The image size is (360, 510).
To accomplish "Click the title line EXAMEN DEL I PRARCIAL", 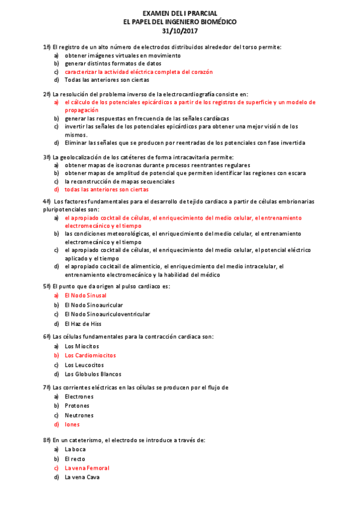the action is (x=180, y=13).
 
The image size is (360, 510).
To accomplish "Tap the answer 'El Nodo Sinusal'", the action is (x=85, y=296).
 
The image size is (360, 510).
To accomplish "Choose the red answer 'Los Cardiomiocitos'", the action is (x=90, y=355).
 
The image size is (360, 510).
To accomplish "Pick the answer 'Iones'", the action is (x=72, y=425).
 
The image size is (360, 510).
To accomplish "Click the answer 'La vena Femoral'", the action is (x=87, y=468).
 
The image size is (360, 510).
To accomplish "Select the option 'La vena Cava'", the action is (x=82, y=478).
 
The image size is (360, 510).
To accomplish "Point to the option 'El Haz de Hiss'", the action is (x=83, y=324).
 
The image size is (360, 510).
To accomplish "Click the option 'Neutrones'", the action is (x=79, y=416).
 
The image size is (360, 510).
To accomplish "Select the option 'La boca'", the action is (x=76, y=449).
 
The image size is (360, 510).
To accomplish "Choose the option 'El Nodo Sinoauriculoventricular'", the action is (x=108, y=315).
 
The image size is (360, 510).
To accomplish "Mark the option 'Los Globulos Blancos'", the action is (x=93, y=374).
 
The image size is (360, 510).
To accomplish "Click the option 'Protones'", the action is (x=78, y=406).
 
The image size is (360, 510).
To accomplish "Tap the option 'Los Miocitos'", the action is (x=82, y=346).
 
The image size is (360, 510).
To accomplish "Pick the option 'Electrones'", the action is (x=79, y=397).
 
